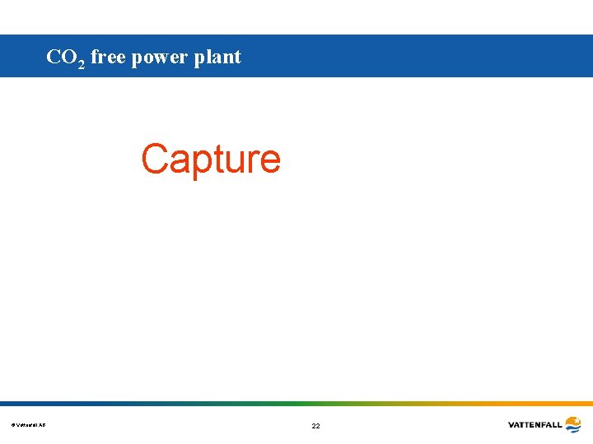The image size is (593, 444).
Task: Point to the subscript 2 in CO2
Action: [x=81, y=63]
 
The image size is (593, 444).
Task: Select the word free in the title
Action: [x=108, y=57]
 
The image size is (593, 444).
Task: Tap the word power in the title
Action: [x=160, y=58]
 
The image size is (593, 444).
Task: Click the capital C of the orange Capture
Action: [x=155, y=158]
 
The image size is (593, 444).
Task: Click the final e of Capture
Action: [x=268, y=161]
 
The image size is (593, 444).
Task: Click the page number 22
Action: [x=315, y=426]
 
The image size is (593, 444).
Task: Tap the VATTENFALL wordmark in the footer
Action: [x=535, y=425]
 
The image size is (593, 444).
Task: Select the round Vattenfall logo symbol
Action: [x=573, y=424]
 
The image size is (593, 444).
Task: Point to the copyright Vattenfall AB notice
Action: [x=29, y=425]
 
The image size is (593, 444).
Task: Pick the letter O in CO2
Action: [x=69, y=57]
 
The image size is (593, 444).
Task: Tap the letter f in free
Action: [x=94, y=57]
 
